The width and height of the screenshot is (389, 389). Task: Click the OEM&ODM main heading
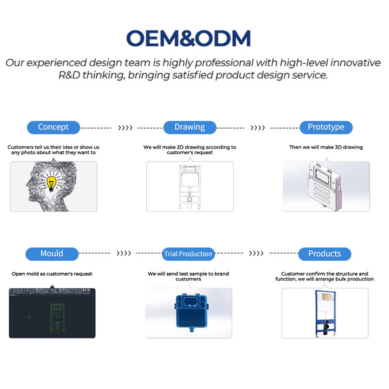[189, 38]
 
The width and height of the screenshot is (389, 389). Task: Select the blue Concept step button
[53, 127]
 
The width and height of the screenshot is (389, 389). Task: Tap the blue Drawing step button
[190, 127]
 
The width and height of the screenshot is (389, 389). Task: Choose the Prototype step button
[326, 127]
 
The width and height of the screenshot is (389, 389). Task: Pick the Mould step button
[52, 254]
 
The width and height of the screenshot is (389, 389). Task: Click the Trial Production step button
[188, 254]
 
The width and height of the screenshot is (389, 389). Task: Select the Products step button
[324, 254]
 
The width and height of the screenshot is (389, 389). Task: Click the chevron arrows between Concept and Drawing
[125, 128]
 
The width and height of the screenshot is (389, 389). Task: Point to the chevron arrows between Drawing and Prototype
[258, 128]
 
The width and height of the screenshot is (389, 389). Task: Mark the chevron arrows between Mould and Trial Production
[124, 253]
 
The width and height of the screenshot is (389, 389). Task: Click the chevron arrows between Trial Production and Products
[256, 253]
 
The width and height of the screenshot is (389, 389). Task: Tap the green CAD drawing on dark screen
[57, 318]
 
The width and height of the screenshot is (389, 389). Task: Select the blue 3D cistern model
[191, 312]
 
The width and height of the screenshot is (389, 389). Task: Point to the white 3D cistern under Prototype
[325, 186]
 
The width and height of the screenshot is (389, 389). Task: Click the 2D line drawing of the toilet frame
[190, 187]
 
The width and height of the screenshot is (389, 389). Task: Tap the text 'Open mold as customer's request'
[52, 274]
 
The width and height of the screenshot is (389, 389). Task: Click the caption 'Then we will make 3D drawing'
[326, 147]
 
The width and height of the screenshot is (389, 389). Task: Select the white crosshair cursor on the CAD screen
[29, 317]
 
